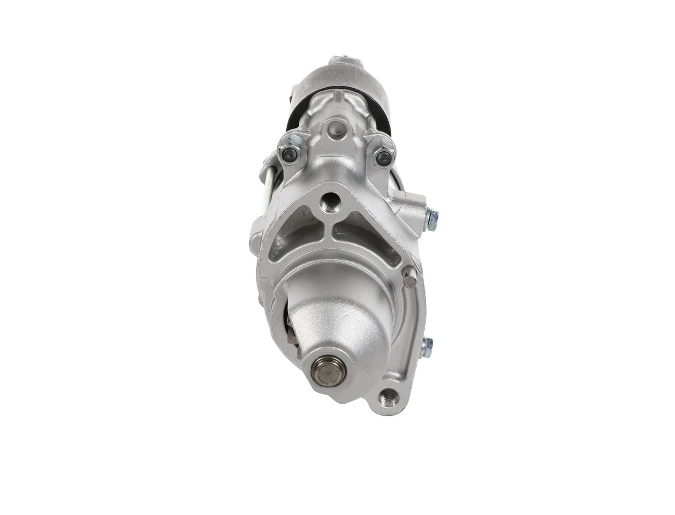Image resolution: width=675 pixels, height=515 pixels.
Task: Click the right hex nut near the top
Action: (383, 156)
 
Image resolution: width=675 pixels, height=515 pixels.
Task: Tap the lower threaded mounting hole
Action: (388, 398)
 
